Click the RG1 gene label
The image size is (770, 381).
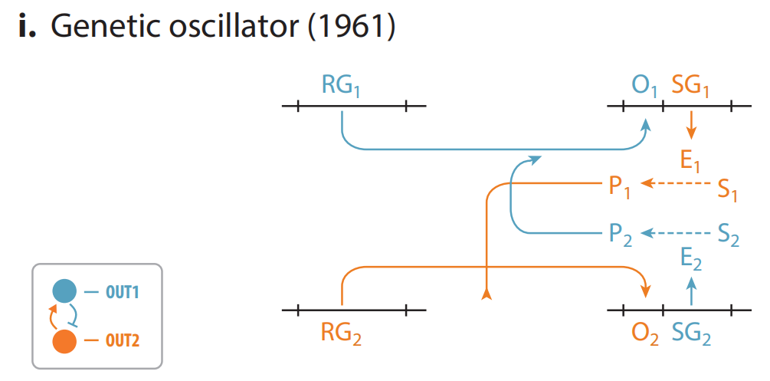[341, 86]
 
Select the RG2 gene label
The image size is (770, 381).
[341, 333]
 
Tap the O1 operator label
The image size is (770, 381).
[645, 86]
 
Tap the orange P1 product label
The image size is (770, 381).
[620, 186]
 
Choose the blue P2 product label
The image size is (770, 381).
[621, 234]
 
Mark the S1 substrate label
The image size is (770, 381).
[727, 189]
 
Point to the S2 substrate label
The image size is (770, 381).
[728, 235]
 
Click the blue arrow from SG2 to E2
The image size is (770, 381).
[692, 292]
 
